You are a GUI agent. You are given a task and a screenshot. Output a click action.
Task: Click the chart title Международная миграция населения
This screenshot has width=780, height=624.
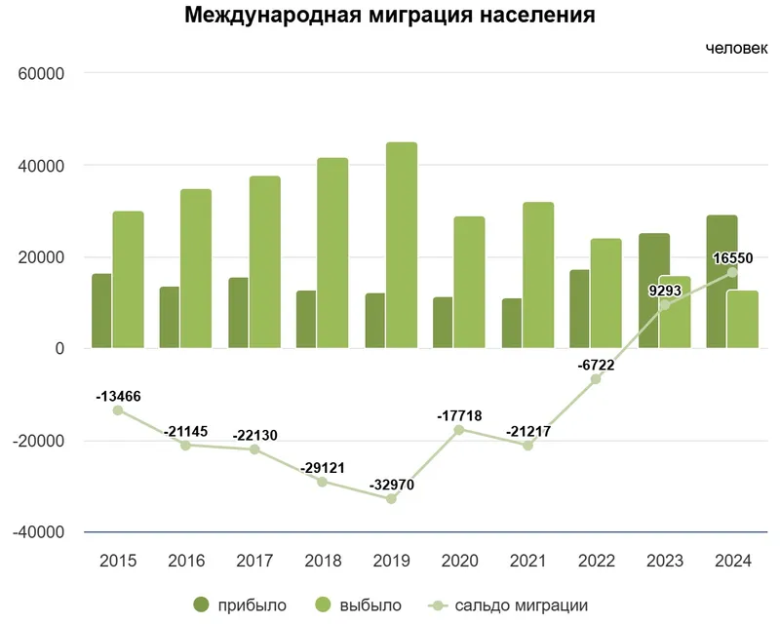point(390,16)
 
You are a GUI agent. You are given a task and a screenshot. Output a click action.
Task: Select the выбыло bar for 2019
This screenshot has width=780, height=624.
point(401,245)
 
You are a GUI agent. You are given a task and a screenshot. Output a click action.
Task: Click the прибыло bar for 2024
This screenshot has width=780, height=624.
point(721,282)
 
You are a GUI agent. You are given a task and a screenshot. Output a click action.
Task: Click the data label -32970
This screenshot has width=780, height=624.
point(391,485)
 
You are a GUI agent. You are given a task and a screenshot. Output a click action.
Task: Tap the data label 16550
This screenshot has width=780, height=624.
point(732,258)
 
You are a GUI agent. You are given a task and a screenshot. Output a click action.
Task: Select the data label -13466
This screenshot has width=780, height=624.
point(118,397)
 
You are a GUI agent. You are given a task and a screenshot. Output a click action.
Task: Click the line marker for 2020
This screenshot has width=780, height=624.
point(459,430)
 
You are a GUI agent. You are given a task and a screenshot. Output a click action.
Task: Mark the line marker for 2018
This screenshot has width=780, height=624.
point(323,482)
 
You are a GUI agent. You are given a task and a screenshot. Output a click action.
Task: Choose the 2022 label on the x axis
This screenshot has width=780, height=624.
point(596,561)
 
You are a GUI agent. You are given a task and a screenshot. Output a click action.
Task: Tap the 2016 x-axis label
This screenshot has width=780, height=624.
point(186,561)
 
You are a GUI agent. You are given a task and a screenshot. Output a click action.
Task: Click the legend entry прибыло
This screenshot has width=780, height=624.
point(240,605)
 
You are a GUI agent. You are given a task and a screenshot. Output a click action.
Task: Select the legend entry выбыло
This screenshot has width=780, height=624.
point(357,605)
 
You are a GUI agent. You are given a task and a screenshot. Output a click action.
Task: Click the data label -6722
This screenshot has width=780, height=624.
point(596,366)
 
